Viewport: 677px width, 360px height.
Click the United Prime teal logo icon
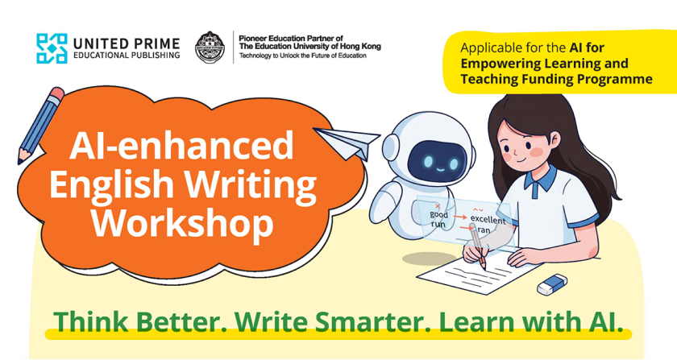pos(52,48)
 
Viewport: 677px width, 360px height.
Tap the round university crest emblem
pos(210,48)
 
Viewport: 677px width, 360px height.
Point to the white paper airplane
pos(347,143)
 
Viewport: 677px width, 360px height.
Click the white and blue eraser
pos(552,284)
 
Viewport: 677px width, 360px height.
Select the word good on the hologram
pos(438,214)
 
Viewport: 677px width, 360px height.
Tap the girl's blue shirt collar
pos(541,178)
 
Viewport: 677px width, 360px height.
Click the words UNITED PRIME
pos(127,44)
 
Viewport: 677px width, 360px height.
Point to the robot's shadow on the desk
pos(424,259)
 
